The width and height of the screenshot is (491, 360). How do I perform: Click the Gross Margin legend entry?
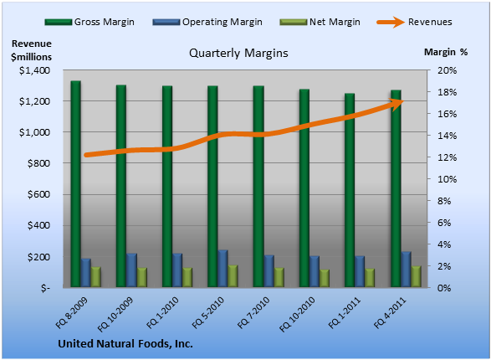tap(90, 22)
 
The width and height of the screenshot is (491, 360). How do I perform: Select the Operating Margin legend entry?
tap(207, 22)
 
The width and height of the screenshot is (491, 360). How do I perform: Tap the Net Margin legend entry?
tap(320, 22)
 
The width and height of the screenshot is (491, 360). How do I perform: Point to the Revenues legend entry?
tap(414, 22)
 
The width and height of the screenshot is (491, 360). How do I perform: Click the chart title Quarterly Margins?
tap(238, 54)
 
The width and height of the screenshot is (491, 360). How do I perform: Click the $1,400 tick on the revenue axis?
tap(35, 70)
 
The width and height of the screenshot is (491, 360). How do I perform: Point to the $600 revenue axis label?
tap(38, 194)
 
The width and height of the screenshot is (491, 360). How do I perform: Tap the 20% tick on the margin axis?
tap(447, 70)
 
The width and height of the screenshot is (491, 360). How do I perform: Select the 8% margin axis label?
tap(444, 201)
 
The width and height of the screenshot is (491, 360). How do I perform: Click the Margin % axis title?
tap(446, 52)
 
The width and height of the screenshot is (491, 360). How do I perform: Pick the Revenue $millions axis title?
tap(31, 50)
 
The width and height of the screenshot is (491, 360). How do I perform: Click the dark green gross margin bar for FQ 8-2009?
tap(76, 184)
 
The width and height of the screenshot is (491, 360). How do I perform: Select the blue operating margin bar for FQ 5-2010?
tap(222, 269)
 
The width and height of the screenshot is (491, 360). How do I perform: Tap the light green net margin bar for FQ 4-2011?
tap(417, 276)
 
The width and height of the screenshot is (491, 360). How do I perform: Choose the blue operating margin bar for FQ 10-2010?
tap(315, 271)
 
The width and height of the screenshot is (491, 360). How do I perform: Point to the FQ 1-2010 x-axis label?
tap(162, 312)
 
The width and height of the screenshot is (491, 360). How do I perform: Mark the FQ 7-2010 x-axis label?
tap(253, 312)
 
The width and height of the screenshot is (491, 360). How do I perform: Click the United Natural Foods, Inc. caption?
tap(125, 344)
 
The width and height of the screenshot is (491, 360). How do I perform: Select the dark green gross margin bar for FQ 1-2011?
tap(350, 190)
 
